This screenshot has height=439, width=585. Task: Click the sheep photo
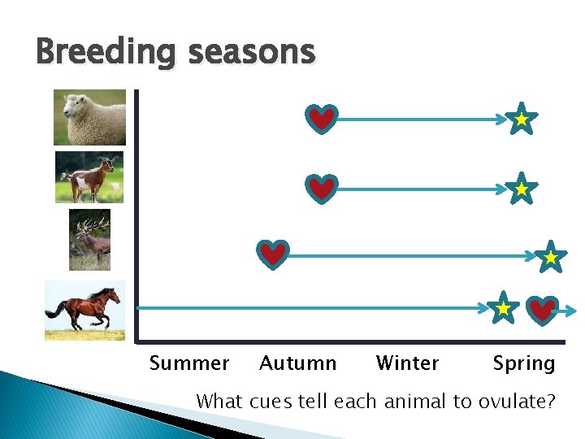click(x=89, y=117)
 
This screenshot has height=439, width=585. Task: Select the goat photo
click(x=89, y=177)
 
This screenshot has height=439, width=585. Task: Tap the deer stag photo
click(x=89, y=239)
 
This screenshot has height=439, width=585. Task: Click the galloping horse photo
click(x=85, y=310)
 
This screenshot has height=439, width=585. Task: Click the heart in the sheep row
click(x=323, y=120)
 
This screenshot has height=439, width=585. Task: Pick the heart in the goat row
click(x=323, y=189)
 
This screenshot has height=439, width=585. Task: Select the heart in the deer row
click(x=273, y=255)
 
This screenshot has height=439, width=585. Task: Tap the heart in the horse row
click(x=543, y=310)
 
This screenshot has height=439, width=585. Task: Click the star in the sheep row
click(x=521, y=120)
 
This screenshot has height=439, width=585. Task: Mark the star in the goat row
click(x=521, y=189)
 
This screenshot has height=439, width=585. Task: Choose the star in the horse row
click(x=504, y=308)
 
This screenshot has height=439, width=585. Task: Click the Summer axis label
click(x=189, y=363)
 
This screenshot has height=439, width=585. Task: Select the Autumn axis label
click(x=297, y=363)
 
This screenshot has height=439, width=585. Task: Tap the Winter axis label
click(x=407, y=363)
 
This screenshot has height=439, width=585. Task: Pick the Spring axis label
click(x=524, y=364)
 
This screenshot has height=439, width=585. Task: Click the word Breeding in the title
click(x=105, y=53)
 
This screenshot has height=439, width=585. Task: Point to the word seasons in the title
click(x=251, y=53)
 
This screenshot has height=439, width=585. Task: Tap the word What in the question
click(x=220, y=402)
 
